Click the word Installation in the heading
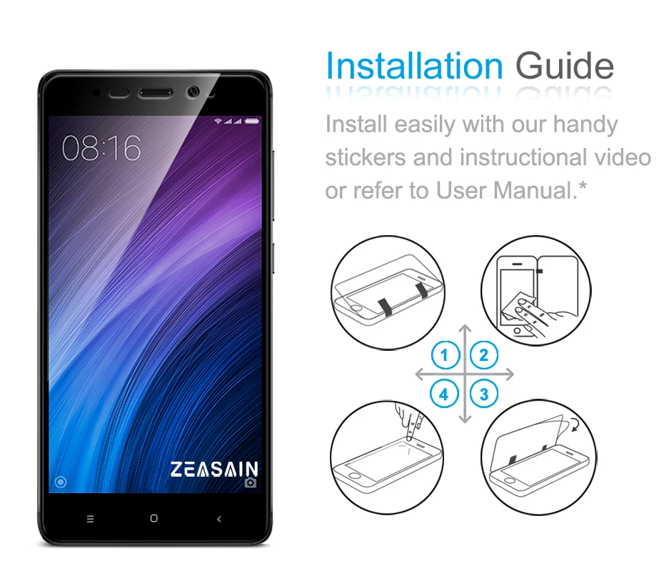point(414,66)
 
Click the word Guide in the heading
point(564,66)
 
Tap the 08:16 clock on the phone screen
point(101,148)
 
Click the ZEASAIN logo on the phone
point(213,469)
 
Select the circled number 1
point(445,355)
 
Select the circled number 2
point(484,355)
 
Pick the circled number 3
point(484,393)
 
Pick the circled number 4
point(445,393)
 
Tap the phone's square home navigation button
point(154,519)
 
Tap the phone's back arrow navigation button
point(218,519)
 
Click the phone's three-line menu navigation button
point(90,519)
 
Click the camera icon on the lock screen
point(251,482)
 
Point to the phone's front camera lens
point(193,92)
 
